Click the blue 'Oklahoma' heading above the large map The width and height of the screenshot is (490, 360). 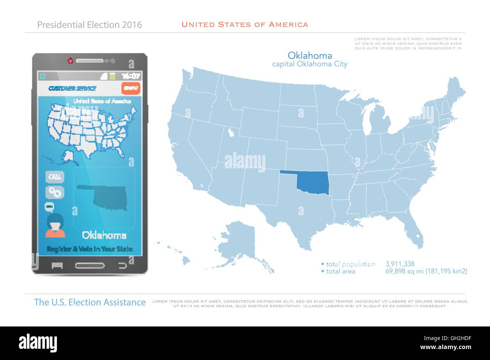click(310, 56)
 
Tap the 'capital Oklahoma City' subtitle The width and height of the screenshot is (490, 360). click(310, 64)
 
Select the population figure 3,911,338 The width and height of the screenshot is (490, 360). click(400, 264)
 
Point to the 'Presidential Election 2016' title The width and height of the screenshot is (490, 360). click(89, 25)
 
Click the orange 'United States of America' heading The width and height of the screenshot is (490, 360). click(245, 25)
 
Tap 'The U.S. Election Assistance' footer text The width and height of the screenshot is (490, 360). click(90, 302)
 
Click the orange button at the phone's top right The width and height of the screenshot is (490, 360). click(131, 88)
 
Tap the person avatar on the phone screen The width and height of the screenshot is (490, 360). click(55, 226)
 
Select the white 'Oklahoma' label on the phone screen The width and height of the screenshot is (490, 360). click(104, 236)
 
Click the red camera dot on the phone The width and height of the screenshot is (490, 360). click(70, 60)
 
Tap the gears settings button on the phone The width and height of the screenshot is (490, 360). click(55, 192)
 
